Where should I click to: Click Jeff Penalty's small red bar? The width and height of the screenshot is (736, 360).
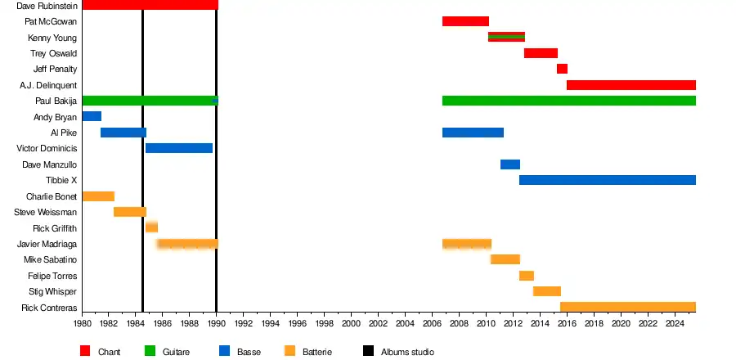[562, 69]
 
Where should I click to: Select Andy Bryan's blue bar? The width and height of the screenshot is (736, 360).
[92, 116]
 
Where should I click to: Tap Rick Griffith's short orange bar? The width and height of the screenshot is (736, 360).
[151, 227]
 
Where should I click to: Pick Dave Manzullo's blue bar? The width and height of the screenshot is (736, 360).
[510, 164]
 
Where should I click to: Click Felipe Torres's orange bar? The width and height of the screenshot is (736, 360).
[526, 276]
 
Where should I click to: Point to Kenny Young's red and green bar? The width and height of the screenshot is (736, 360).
[506, 37]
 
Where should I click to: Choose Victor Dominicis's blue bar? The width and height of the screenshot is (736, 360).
[179, 148]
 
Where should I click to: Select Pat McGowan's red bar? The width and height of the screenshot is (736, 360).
[465, 21]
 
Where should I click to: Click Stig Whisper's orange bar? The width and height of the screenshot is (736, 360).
[546, 291]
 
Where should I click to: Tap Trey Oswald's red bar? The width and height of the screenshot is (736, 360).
[541, 53]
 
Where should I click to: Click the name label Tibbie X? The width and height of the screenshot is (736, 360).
[61, 180]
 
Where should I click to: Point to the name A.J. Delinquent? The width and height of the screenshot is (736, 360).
[48, 85]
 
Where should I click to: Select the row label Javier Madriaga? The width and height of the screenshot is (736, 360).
[47, 244]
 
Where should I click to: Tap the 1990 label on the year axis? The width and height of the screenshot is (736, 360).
[216, 324]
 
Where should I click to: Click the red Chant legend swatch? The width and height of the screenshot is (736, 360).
[85, 351]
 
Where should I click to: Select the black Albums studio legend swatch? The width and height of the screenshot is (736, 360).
[369, 351]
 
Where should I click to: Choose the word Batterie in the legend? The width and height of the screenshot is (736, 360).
[317, 352]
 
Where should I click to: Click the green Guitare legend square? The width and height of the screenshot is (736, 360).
[150, 351]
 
